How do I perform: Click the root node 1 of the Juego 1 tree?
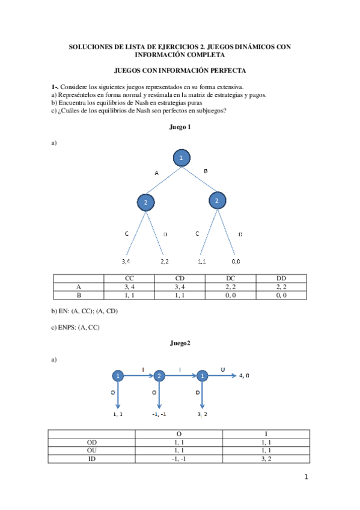(182, 158)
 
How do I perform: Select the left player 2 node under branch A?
(146, 203)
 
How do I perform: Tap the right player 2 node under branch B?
(217, 200)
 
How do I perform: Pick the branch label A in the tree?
(156, 173)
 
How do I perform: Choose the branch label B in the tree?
(206, 171)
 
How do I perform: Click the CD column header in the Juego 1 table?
(180, 278)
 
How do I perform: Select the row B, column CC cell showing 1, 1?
(129, 295)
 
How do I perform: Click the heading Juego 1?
(180, 127)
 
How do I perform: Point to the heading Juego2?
(180, 343)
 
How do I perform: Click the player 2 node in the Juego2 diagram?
(159, 376)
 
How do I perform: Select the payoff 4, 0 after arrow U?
(244, 375)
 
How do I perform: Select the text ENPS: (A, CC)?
(76, 327)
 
